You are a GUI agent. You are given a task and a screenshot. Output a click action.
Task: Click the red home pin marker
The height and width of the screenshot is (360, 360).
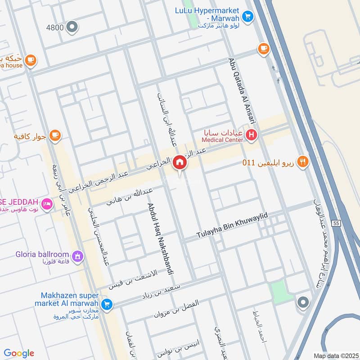[180, 162]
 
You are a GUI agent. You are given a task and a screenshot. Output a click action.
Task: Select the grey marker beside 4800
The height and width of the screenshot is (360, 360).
[72, 27]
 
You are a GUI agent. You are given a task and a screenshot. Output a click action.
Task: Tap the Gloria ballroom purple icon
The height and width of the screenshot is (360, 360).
[78, 256]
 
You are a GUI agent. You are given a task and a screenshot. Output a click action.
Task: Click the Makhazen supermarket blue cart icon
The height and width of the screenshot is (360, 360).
[107, 305]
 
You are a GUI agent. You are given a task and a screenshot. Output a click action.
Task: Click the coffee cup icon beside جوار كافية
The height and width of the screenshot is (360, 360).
[55, 135]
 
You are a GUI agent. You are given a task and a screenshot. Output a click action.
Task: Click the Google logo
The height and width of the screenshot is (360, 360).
[19, 353]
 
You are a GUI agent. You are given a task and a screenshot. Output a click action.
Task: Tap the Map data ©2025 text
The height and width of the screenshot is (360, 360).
[335, 355]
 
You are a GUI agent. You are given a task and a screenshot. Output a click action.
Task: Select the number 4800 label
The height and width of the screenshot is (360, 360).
[55, 27]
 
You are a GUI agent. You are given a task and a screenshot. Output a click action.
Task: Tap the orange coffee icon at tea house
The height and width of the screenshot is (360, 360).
[30, 60]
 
